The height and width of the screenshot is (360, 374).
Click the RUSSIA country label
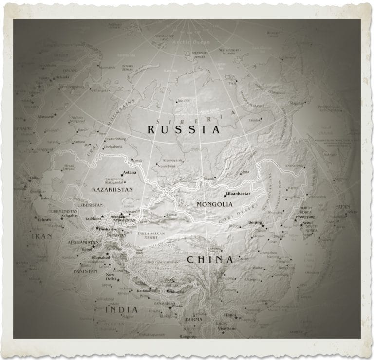pyautogui.click(x=184, y=130)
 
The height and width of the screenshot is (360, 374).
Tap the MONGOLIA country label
pyautogui.click(x=215, y=204)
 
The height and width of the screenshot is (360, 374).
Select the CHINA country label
pyautogui.click(x=210, y=259)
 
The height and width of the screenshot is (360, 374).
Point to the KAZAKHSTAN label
pyautogui.click(x=112, y=189)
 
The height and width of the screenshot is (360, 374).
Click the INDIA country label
pyautogui.click(x=121, y=310)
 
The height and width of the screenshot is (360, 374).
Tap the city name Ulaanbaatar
pyautogui.click(x=237, y=193)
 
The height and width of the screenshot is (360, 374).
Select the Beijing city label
pyautogui.click(x=255, y=222)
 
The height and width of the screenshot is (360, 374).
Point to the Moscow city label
pyautogui.click(x=46, y=117)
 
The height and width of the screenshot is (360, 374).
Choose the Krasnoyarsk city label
pyautogui.click(x=173, y=160)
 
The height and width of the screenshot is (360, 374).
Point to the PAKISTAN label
pyautogui.click(x=85, y=271)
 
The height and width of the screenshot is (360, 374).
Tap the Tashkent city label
pyautogui.click(x=93, y=219)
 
